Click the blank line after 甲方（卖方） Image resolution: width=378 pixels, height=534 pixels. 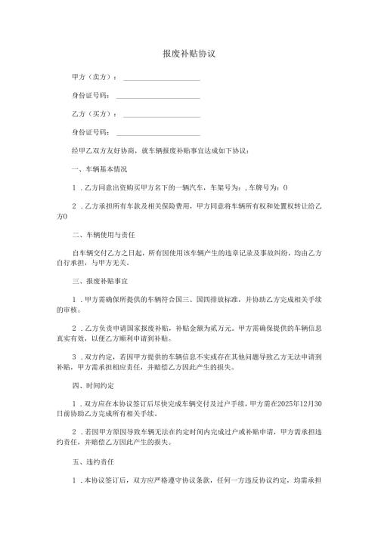coord(161,79)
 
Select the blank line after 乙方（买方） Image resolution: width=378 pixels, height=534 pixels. coord(161,115)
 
